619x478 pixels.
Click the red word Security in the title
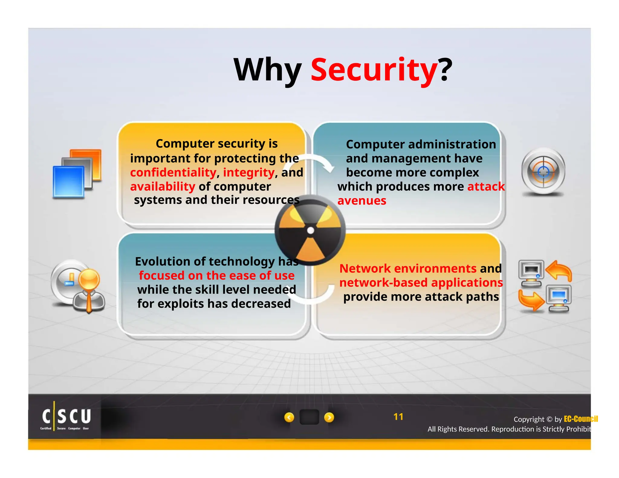pos(374,70)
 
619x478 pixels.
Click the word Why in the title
pos(268,70)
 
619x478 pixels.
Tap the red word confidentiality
pos(173,173)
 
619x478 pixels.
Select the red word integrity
pos(249,173)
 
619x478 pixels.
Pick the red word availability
pos(163,187)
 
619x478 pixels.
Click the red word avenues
pos(362,201)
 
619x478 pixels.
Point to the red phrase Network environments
pos(408,268)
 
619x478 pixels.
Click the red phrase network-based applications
pos(421,283)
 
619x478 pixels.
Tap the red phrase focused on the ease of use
pos(216,276)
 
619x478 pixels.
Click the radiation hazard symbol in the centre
pos(310,231)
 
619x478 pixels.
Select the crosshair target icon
pos(543,172)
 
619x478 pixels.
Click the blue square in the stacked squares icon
pos(68,182)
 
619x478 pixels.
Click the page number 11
pos(398,417)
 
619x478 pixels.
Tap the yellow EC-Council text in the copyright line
pos(581,419)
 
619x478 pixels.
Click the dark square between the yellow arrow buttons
pos(309,417)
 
